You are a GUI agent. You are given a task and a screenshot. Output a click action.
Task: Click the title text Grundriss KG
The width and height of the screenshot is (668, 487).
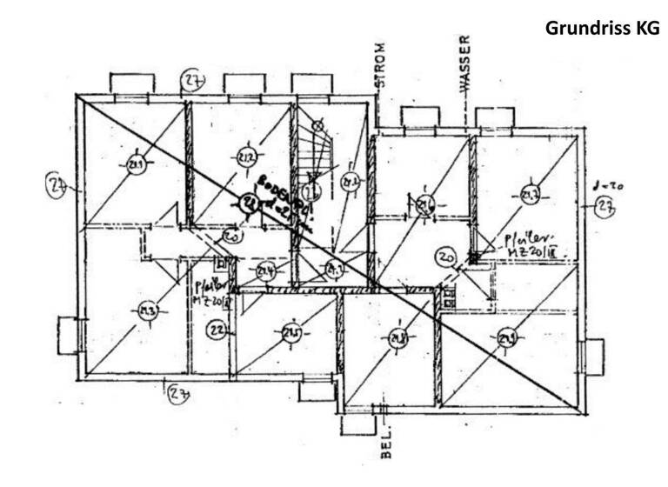[x=602, y=28]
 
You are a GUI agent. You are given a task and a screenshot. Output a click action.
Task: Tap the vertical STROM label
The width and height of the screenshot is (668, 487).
[x=380, y=64]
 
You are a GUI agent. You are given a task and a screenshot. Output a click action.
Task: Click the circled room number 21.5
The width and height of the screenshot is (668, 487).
[x=291, y=333]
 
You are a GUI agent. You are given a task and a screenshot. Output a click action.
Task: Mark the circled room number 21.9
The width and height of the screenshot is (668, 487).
[x=507, y=338]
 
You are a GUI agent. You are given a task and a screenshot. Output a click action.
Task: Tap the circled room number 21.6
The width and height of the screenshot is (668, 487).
[x=425, y=205]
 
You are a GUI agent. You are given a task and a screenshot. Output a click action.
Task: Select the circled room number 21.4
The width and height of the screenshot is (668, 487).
[x=265, y=271]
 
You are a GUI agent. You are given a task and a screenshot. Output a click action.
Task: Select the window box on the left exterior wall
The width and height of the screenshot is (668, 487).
[x=68, y=336]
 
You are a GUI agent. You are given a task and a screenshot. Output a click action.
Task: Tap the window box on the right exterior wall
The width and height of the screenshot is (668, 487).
[x=591, y=357]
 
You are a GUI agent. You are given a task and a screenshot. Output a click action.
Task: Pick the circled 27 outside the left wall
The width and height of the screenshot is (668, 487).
[x=57, y=185]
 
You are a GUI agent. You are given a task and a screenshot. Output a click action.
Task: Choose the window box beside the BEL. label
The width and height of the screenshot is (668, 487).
[x=357, y=425]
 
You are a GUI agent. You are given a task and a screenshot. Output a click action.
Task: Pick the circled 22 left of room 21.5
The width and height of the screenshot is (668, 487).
[x=217, y=330]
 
